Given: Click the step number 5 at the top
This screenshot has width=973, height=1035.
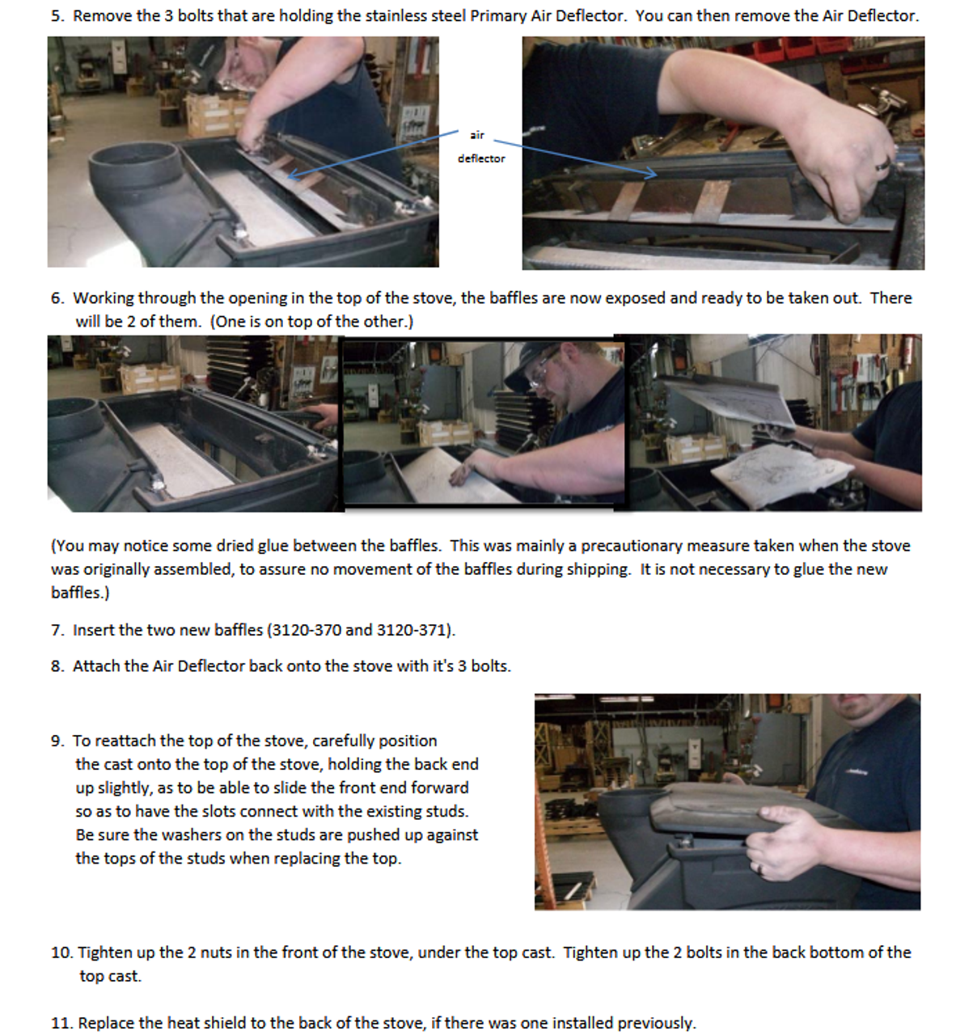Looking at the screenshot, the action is pyautogui.click(x=57, y=15).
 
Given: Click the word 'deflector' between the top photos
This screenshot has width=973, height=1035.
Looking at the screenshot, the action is pyautogui.click(x=481, y=158).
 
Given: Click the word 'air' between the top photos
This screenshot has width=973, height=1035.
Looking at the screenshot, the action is pyautogui.click(x=477, y=135).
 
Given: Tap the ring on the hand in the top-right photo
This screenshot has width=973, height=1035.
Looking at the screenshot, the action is pyautogui.click(x=882, y=165).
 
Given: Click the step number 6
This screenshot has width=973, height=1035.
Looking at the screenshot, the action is pyautogui.click(x=57, y=298).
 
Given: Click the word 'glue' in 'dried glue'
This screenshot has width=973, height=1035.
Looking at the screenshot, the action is pyautogui.click(x=273, y=546).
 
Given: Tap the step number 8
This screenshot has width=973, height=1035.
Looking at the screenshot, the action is pyautogui.click(x=57, y=666).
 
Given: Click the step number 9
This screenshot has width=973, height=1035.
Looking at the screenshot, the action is pyautogui.click(x=57, y=741).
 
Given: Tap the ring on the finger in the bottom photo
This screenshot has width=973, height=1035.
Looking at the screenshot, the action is pyautogui.click(x=761, y=868).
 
